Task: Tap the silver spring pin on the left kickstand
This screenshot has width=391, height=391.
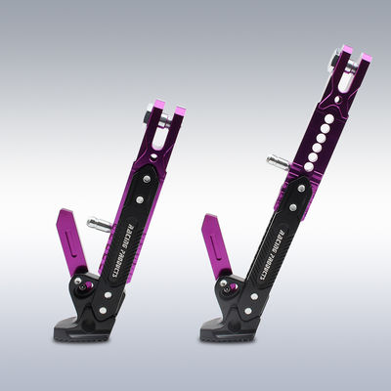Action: coord(98,224)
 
